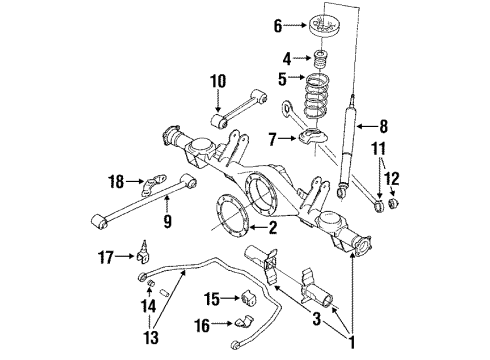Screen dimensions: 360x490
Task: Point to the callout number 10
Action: pyautogui.click(x=218, y=80)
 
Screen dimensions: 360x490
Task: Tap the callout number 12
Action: pyautogui.click(x=392, y=179)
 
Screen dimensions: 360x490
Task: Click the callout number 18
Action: pyautogui.click(x=117, y=182)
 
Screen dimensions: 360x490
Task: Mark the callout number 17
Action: pyautogui.click(x=117, y=257)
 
